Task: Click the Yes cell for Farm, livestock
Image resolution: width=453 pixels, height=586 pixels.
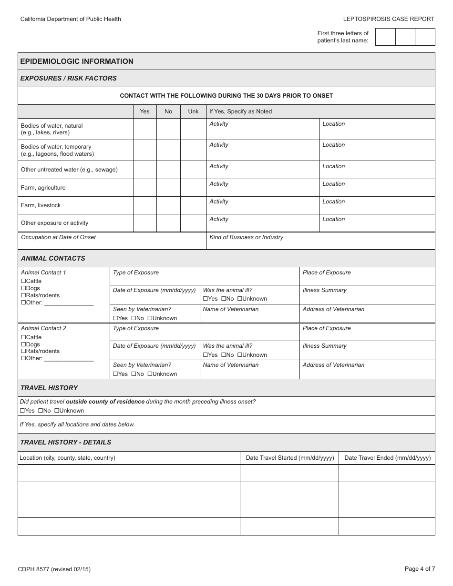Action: pos(144,205)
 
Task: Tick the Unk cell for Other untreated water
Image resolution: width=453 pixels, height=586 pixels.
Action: pos(193,170)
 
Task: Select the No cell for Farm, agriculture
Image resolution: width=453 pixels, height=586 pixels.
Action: pos(168,188)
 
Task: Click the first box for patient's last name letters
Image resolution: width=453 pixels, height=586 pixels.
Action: pos(385,37)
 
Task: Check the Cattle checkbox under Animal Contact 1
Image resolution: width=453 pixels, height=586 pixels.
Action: pos(23,281)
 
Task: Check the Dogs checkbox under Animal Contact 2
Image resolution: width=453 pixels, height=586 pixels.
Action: pos(23,344)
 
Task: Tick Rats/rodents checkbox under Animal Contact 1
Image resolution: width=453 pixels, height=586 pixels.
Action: pos(23,295)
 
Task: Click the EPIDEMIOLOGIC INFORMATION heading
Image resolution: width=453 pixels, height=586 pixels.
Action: pos(77,61)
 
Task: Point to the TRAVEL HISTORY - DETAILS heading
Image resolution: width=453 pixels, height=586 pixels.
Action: pos(66,442)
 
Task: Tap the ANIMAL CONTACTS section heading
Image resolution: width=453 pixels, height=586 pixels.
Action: pos(53,258)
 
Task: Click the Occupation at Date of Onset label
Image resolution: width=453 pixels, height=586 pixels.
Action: pos(58,237)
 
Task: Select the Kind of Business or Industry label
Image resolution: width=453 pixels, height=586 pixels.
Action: pos(246,237)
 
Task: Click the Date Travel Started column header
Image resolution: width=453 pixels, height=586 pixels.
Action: pos(289,458)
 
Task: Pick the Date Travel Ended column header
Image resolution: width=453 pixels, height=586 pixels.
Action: pos(387,458)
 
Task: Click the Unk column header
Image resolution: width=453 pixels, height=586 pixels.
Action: pos(193,111)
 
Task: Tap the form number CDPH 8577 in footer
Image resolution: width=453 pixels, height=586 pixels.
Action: pos(54,569)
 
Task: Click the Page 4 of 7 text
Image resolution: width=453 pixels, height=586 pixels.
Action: pos(420,568)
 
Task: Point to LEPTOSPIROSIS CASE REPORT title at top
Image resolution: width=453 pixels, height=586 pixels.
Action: pos(389,19)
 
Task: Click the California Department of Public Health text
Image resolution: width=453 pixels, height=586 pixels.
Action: pos(71,19)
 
